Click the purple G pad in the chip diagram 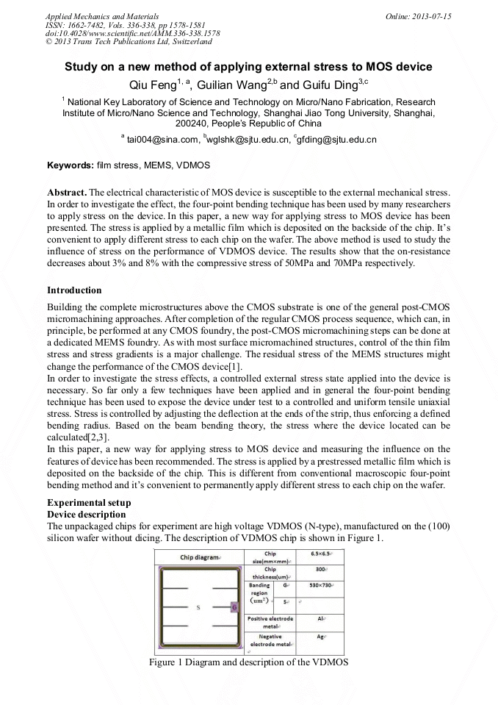click(234, 607)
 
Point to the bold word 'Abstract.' click(67, 191)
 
